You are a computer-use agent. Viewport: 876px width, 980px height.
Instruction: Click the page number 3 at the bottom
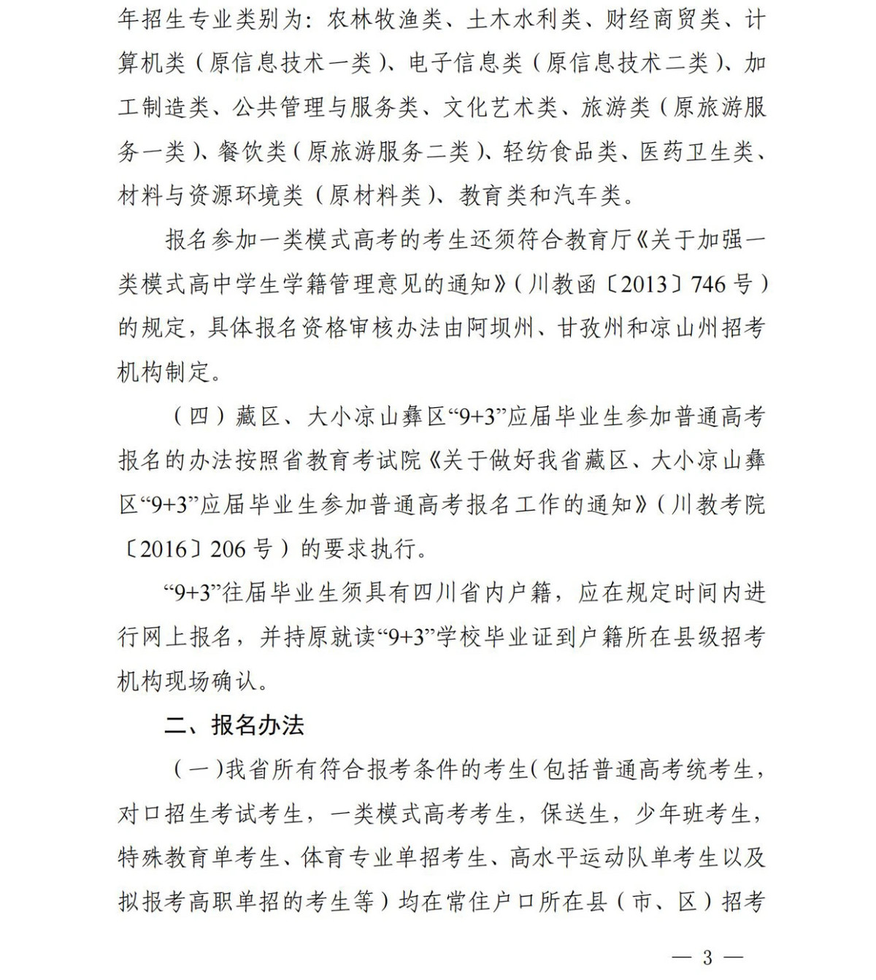coord(707,957)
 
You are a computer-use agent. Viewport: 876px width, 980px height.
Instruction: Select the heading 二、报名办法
coord(234,725)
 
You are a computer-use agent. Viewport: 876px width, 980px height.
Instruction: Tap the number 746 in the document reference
coord(708,284)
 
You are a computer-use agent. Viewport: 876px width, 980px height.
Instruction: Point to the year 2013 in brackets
coord(644,284)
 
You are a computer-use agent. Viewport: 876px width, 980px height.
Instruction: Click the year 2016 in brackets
coord(164,548)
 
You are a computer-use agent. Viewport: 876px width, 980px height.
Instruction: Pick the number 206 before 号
coord(228,548)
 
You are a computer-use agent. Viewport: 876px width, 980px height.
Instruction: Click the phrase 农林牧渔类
coord(385,19)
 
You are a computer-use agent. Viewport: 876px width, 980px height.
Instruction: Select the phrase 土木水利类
coord(523,19)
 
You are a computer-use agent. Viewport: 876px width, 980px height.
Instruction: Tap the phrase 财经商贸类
coord(663,19)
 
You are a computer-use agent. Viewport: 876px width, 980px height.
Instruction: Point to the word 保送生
coord(575,814)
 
